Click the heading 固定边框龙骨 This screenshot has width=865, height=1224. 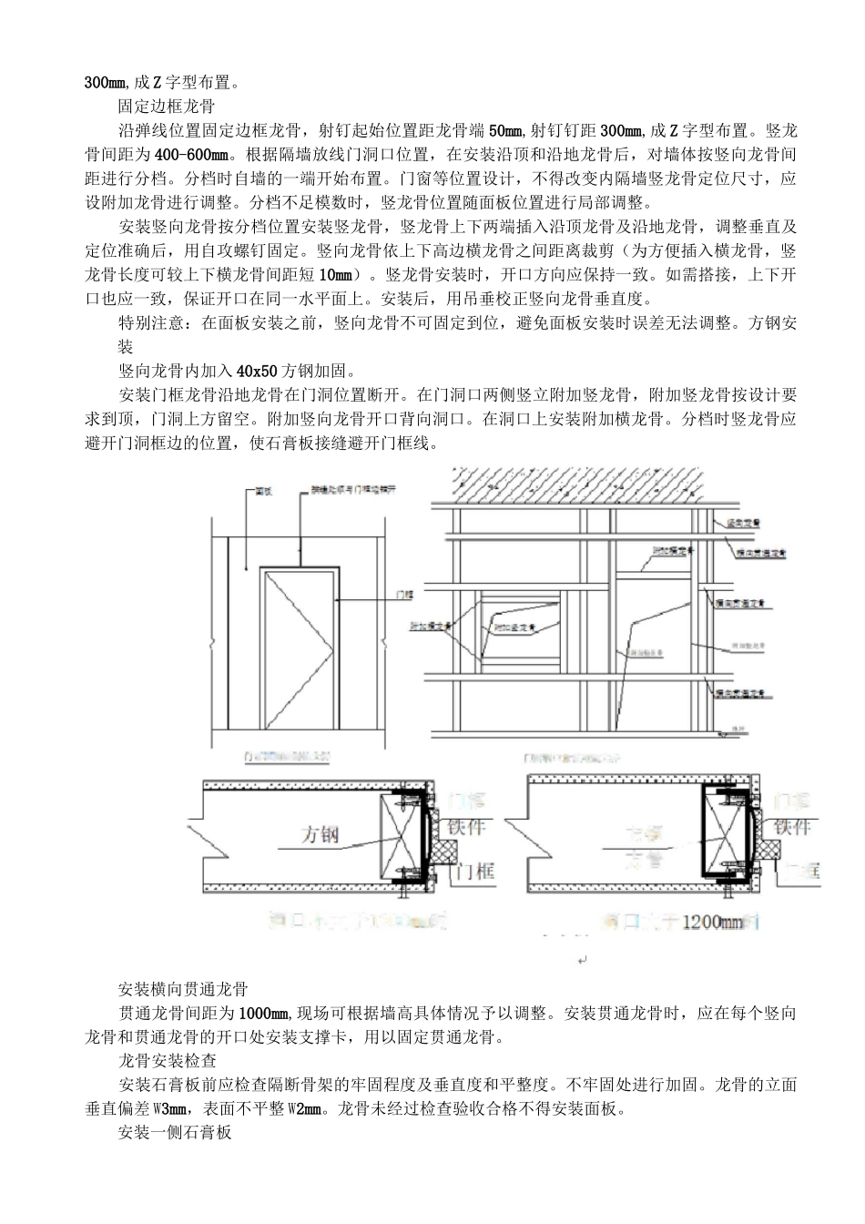point(166,106)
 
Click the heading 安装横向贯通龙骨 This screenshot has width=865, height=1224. point(183,989)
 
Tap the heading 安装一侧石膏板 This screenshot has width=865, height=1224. point(175,1133)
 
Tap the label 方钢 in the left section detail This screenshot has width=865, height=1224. point(320,835)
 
